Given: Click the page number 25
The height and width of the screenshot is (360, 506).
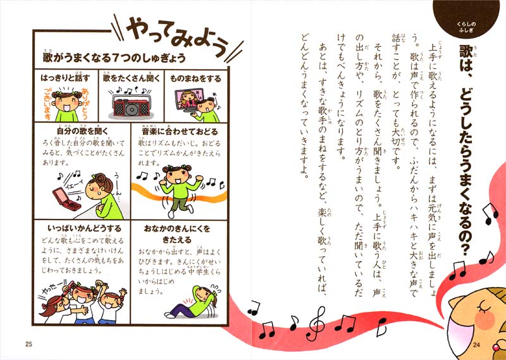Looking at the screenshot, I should click(x=28, y=344).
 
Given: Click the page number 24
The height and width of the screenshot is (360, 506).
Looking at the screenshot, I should click(x=479, y=344).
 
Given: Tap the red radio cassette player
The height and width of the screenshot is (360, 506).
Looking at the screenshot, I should click(x=130, y=105).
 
